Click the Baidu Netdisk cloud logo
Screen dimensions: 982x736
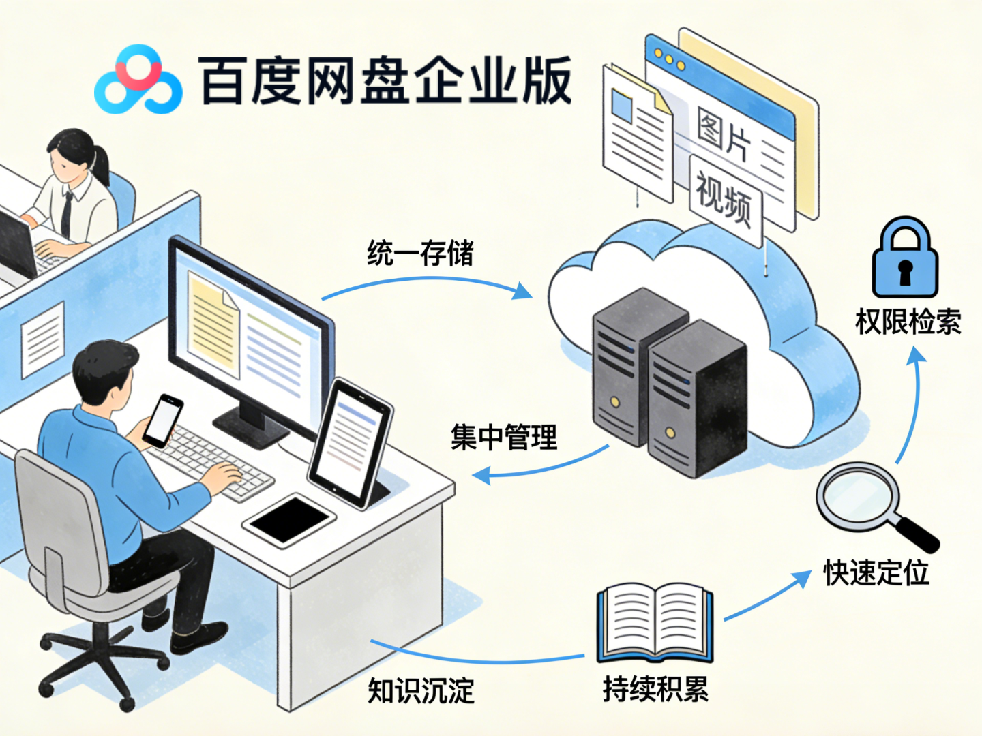tap(138, 80)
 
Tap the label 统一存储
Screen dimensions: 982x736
tap(420, 253)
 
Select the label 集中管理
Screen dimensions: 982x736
tap(503, 437)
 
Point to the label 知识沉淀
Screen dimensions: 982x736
tap(421, 690)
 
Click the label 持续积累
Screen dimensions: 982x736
tap(655, 688)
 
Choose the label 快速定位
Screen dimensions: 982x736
tap(876, 572)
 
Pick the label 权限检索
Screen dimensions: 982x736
tap(908, 322)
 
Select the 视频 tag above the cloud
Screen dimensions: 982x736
tap(724, 198)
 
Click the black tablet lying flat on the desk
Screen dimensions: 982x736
tap(289, 519)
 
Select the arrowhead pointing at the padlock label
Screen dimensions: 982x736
tap(916, 356)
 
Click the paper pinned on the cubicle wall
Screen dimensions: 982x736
tap(42, 339)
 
